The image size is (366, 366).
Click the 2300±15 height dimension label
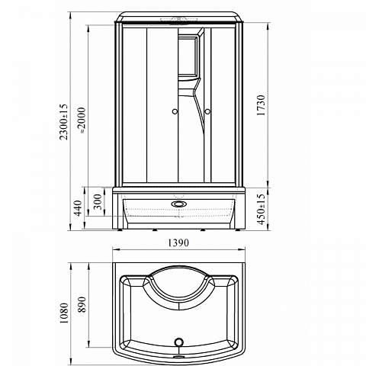point(64,122)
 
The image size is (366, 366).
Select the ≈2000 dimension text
point(82,120)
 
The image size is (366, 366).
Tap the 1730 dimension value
point(261,105)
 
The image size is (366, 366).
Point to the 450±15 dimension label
point(261,209)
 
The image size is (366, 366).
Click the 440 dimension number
point(79,208)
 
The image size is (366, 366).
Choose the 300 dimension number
point(98,201)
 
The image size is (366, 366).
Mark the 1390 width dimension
point(178,243)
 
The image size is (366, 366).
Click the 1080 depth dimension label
point(64,313)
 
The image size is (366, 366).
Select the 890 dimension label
point(82,304)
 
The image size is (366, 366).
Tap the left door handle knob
point(175,111)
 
